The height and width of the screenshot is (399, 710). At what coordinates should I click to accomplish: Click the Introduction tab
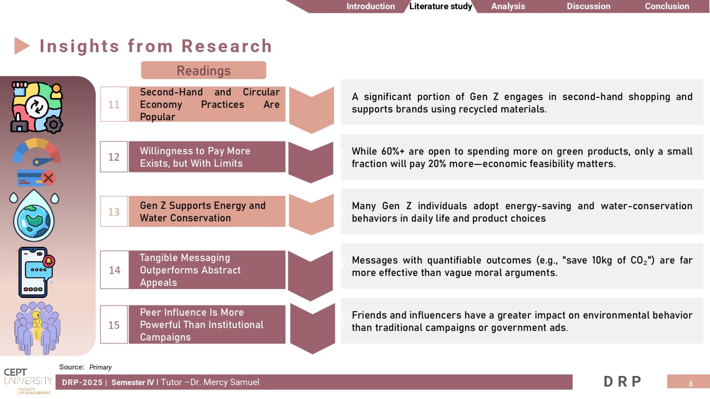point(370,6)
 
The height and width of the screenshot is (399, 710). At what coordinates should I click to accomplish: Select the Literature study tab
point(441,6)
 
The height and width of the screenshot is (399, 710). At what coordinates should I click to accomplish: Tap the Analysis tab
point(508,6)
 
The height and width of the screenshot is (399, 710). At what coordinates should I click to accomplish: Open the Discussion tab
point(588,6)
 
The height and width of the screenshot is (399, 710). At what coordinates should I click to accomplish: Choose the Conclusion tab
point(667,6)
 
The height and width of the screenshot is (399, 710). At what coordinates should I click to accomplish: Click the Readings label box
point(204,70)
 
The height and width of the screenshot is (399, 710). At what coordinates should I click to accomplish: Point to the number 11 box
point(114,104)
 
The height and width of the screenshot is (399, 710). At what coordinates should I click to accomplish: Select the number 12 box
point(114,157)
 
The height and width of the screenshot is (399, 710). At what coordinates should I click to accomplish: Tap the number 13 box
point(114,211)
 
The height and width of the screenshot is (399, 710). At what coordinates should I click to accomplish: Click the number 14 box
point(114,270)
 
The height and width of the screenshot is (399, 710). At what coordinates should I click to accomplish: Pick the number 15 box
point(114,325)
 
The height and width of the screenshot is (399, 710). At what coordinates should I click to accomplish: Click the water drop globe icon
point(34,215)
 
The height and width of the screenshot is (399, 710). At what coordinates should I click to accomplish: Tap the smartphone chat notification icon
point(35,272)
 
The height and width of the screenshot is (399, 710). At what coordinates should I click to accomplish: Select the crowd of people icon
point(37,328)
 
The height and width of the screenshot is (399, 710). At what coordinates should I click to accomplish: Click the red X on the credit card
point(48,178)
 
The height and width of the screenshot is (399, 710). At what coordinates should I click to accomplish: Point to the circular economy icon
point(37,107)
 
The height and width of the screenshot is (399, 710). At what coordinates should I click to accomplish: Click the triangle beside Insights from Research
point(22,46)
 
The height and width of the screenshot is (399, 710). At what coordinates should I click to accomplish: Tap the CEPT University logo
point(28,381)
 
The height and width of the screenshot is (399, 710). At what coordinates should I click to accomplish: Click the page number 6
point(690,383)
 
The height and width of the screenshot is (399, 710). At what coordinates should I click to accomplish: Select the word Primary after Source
point(100,368)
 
